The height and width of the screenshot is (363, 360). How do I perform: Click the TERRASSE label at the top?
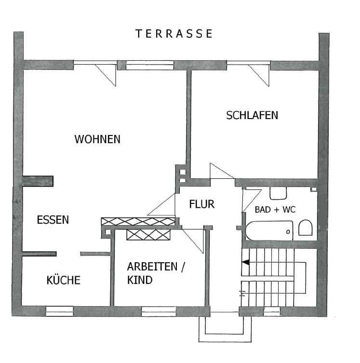point(174,33)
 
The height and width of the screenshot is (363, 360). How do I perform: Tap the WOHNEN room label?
point(97,139)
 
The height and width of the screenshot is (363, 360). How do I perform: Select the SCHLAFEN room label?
point(252,115)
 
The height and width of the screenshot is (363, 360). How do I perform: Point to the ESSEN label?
point(53,220)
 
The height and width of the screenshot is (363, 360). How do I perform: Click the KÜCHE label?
point(64,280)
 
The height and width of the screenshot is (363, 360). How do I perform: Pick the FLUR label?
point(201,204)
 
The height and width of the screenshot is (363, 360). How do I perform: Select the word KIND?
point(140,280)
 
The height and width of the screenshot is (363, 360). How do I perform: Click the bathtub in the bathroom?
point(269,230)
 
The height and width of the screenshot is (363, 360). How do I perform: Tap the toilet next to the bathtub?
point(305,228)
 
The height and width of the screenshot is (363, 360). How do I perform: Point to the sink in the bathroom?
point(278,193)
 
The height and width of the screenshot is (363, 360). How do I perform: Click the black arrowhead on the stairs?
point(245,263)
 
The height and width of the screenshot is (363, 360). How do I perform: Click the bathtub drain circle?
point(288,232)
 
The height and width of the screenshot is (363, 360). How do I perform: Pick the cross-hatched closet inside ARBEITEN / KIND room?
point(148,234)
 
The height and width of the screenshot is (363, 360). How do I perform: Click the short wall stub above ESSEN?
point(38,181)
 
